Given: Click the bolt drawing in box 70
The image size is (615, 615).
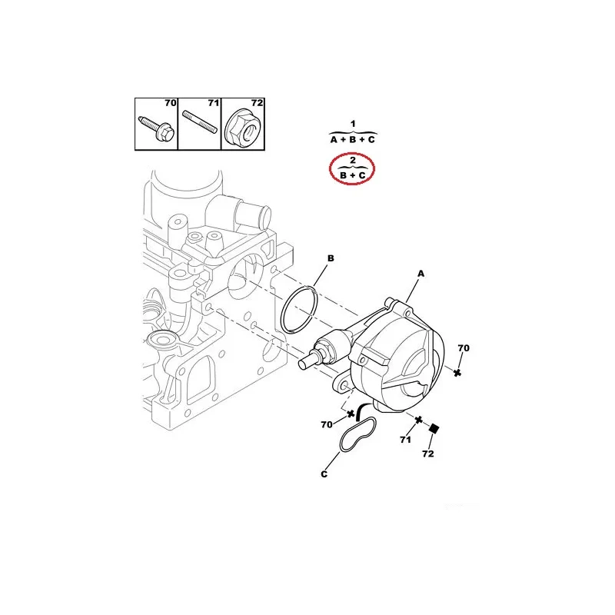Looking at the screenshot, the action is click(x=157, y=128).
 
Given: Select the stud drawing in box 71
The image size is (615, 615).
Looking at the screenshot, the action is click(x=200, y=122).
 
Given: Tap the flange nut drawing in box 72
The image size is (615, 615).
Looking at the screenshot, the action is click(x=244, y=126).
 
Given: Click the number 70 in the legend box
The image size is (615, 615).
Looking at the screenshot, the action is click(x=171, y=103).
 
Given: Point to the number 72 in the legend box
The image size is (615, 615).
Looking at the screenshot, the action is click(x=257, y=103).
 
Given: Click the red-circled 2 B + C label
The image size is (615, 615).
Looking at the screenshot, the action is click(x=352, y=169).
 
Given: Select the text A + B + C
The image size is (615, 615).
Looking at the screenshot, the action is click(x=353, y=140).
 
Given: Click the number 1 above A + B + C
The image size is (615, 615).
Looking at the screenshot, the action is click(x=353, y=124).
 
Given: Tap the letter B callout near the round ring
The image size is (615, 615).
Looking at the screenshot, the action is click(x=331, y=258).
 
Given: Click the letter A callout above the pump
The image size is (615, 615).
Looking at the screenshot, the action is click(x=421, y=274).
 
